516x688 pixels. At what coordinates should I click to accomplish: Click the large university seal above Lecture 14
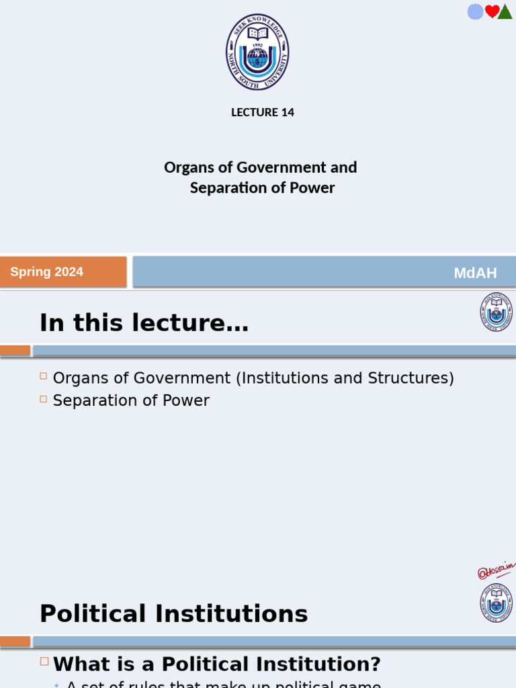[257, 52]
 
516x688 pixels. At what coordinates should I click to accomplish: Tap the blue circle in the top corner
[475, 11]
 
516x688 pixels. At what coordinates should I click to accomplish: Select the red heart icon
[492, 11]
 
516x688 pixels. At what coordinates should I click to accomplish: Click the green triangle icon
[505, 12]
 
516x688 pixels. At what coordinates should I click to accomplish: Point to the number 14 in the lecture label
[288, 112]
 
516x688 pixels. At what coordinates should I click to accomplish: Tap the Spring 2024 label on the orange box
[47, 272]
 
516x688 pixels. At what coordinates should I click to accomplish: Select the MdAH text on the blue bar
[475, 273]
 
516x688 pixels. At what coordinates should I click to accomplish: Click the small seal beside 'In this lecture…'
[496, 312]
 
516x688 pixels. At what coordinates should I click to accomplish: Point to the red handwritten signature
[496, 571]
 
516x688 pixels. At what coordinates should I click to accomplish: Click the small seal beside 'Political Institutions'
[496, 603]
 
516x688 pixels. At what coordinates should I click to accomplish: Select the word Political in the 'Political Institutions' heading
[93, 614]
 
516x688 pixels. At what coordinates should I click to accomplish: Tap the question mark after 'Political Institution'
[375, 664]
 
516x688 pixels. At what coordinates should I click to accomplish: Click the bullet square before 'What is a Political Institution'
[44, 661]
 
